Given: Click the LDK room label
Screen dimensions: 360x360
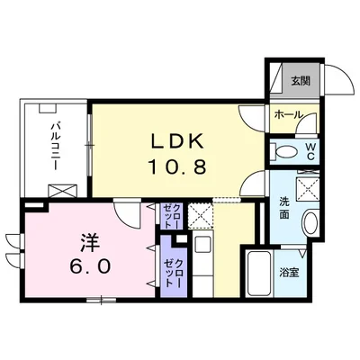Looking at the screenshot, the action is [x=177, y=141].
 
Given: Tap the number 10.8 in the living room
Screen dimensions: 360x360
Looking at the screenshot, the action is [x=177, y=166].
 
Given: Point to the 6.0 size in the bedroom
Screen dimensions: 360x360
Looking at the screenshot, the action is [x=90, y=265].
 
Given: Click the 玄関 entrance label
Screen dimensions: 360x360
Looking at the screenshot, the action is [x=301, y=81].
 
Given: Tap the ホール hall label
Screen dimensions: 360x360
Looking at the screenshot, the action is [x=288, y=114].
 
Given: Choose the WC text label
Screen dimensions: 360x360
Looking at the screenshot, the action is [x=310, y=152].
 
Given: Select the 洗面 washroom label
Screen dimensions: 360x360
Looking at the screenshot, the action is [x=284, y=208].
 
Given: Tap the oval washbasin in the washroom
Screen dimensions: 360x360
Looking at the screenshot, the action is [x=311, y=223].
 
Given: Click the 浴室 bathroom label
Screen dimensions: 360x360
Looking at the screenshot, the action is [x=289, y=273].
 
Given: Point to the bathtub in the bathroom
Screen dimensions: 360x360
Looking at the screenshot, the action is [x=258, y=274].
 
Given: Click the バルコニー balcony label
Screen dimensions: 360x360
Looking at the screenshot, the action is [x=55, y=145].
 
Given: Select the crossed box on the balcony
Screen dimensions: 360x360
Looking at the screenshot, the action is [x=62, y=191].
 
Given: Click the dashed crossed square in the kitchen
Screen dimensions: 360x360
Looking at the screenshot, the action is [x=201, y=216].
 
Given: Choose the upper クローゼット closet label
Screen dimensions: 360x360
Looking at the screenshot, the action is [x=172, y=216].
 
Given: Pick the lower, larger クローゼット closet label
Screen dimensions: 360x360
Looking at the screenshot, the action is [x=173, y=273].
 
